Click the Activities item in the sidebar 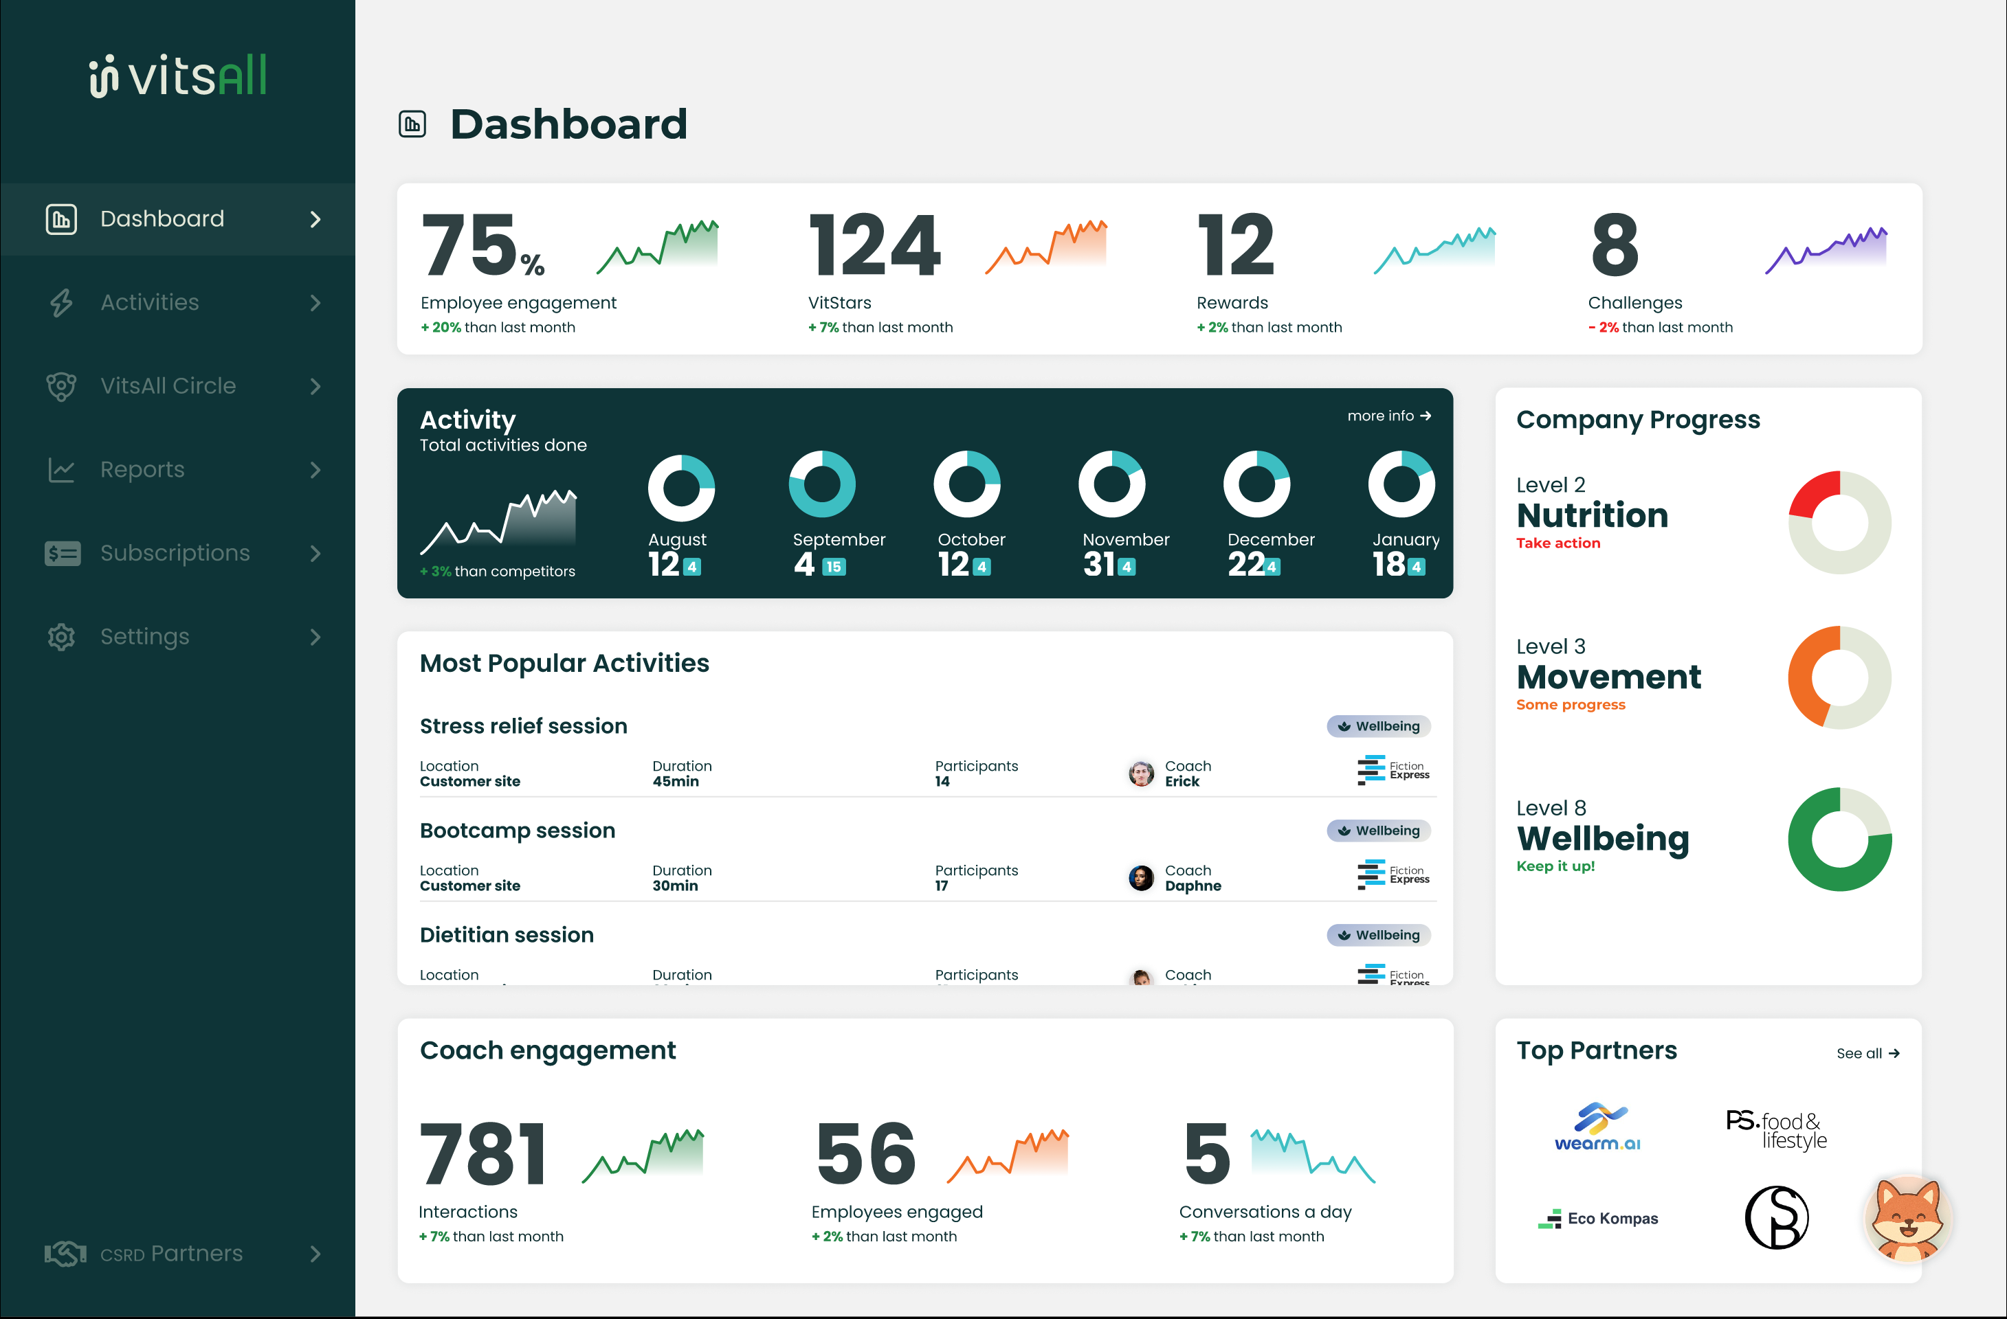[149, 302]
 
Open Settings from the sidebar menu [144, 636]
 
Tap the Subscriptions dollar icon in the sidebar [63, 553]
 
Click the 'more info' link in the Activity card [1388, 416]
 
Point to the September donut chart [821, 484]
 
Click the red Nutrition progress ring [1839, 523]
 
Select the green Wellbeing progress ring [1839, 839]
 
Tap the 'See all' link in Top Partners [1867, 1054]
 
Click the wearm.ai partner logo [1597, 1127]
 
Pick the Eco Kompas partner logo [1597, 1219]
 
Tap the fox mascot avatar [1907, 1219]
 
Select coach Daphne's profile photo [1141, 878]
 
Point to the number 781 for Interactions [483, 1153]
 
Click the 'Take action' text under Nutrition [1557, 543]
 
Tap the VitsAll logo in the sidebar [178, 76]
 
